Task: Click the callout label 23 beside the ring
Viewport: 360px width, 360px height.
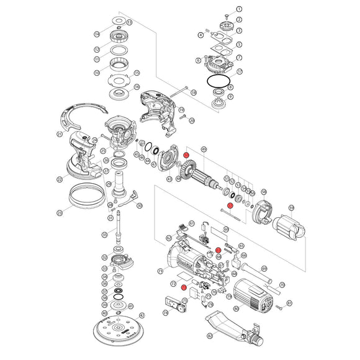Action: pos(60,213)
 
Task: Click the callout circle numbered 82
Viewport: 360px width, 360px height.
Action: pos(209,336)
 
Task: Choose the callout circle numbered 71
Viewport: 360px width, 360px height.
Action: pos(160,271)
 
